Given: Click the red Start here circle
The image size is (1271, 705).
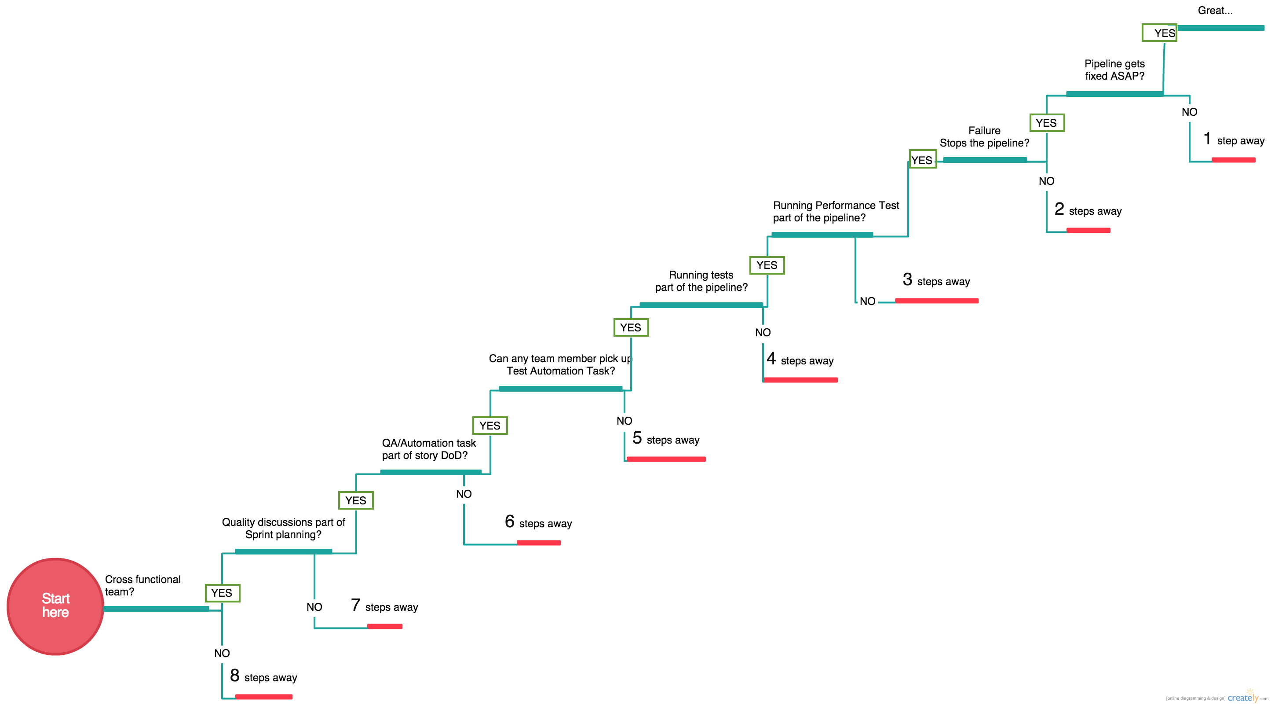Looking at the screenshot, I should pos(55,606).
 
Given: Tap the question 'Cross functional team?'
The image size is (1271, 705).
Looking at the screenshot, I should pos(142,586).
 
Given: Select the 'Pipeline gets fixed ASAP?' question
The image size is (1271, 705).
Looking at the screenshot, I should pos(1114,70).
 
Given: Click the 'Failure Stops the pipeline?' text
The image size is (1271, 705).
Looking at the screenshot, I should pos(984,137).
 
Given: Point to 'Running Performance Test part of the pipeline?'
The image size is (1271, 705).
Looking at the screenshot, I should pos(835,211).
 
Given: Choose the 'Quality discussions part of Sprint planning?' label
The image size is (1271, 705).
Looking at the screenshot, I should pos(283,528).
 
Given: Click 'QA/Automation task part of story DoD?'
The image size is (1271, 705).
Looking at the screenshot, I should pos(428,449).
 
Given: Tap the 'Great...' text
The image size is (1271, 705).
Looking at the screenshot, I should pos(1215,11).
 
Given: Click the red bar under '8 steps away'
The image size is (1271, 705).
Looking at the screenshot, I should pos(263,697).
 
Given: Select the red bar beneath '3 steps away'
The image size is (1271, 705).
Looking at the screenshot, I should pos(936,301).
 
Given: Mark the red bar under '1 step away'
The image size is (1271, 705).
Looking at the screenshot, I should pos(1233,160).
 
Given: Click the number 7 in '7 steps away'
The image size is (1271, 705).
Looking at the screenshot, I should pos(356,605).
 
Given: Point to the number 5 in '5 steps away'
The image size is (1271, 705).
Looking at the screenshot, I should pos(637,438).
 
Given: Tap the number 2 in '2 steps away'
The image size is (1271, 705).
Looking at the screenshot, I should pos(1059,209).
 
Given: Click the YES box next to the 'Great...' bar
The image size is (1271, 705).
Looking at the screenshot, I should pos(1159,33).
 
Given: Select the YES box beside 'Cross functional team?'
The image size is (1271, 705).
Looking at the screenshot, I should pos(222,593).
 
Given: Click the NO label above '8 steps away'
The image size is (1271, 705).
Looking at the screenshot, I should pos(222,653).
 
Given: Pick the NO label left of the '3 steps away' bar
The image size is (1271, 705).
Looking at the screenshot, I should pos(867,301).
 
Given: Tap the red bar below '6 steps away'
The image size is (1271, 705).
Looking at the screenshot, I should pos(538,543).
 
